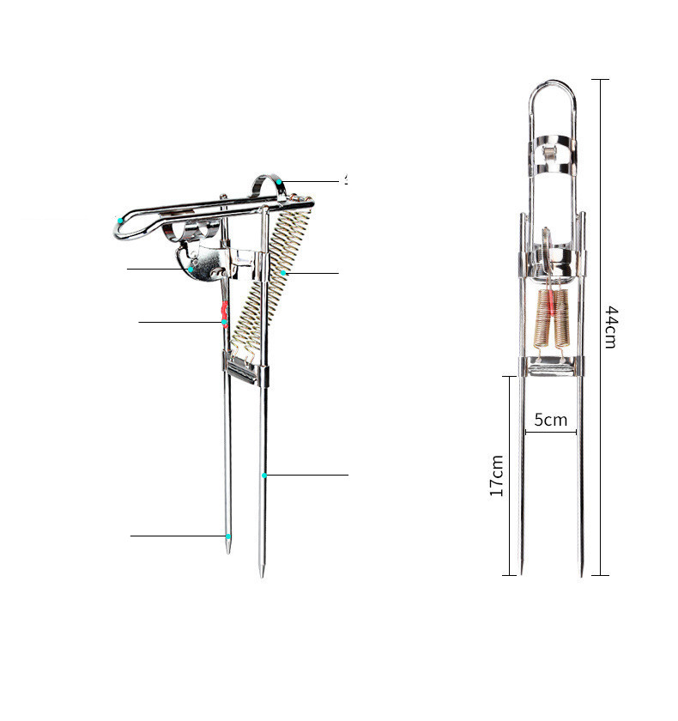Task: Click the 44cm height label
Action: point(610,326)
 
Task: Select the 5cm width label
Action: point(551,420)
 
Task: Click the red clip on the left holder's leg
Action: point(225,315)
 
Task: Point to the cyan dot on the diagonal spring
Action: point(282,273)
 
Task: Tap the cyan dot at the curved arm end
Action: point(121,221)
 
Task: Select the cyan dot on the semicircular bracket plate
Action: point(191,269)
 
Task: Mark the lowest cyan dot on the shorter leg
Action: point(228,536)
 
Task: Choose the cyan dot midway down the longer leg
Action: point(264,475)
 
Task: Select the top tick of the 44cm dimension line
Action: point(600,80)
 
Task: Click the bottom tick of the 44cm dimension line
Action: point(600,575)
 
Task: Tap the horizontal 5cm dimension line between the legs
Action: point(551,432)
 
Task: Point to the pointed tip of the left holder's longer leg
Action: point(263,573)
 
